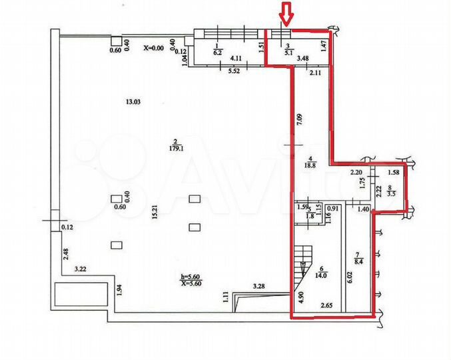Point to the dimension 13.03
click(127, 101)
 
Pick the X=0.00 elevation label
click(157, 48)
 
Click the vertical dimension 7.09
click(300, 121)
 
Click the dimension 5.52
click(233, 70)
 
